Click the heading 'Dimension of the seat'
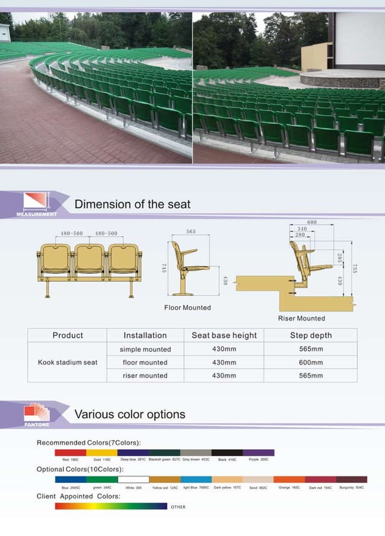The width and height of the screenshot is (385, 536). (132, 204)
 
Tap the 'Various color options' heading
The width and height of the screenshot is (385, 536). (129, 414)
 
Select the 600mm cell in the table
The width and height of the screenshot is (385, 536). (311, 362)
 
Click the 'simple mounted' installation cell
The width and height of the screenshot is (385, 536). (145, 349)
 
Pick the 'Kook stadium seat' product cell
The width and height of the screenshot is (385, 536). (68, 362)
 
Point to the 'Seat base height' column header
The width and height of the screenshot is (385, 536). (224, 335)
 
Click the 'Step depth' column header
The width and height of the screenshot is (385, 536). (311, 335)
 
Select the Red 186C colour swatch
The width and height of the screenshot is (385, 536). (70, 452)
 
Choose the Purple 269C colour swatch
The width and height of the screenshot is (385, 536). (258, 452)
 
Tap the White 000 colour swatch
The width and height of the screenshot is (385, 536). (133, 479)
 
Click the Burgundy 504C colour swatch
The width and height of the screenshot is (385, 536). (351, 479)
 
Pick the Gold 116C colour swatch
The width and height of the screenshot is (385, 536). (101, 452)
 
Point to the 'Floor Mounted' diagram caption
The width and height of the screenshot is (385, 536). (188, 307)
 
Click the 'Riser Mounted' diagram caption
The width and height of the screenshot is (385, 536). (301, 318)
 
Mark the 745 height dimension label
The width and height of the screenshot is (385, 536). (164, 268)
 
